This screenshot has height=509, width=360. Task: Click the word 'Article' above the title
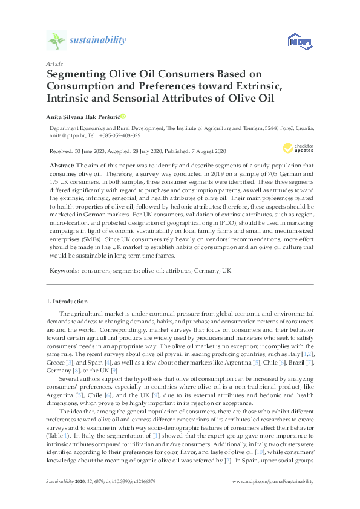[54, 63]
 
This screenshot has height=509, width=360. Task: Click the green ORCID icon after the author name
[139, 116]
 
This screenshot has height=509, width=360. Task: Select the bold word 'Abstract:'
[62, 166]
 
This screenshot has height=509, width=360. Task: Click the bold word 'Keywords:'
[65, 271]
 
